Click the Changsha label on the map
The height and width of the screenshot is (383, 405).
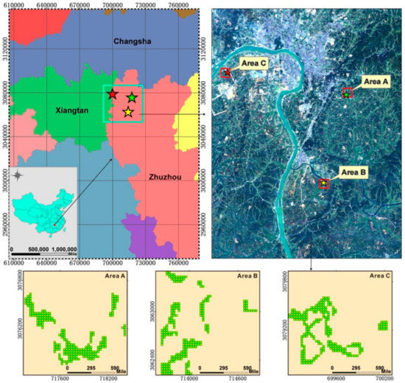(x=133, y=42)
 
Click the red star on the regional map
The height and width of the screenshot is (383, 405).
(x=112, y=95)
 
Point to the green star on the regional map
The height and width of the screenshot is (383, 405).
(x=132, y=97)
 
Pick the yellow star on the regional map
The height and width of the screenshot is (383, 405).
(x=128, y=112)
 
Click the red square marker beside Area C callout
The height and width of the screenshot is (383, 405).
(x=226, y=72)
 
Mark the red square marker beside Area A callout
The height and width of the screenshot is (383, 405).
(x=348, y=94)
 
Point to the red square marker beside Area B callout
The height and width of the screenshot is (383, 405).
(x=323, y=183)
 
